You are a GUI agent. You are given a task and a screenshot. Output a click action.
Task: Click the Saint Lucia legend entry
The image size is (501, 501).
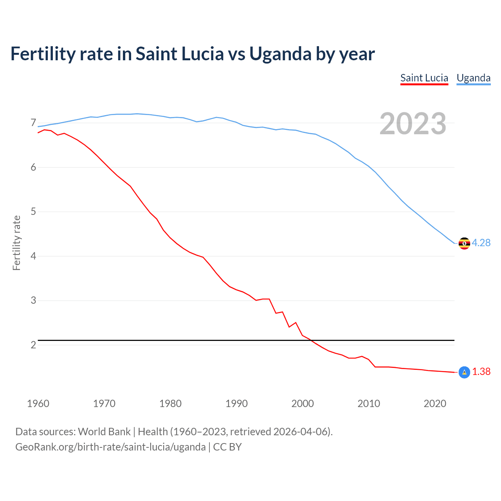424,78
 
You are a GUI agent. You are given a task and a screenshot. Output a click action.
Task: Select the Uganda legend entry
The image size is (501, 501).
473,78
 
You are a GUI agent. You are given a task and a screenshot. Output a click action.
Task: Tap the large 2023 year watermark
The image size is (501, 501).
413,124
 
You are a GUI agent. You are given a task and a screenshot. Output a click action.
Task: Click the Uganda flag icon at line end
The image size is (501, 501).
464,243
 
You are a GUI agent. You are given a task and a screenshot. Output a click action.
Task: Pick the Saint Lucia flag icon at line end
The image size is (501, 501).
464,372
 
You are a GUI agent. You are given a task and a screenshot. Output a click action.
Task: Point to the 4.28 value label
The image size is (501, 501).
481,243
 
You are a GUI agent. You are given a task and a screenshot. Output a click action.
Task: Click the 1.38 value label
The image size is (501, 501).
481,372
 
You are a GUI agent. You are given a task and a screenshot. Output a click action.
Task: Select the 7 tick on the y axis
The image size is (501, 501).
33,123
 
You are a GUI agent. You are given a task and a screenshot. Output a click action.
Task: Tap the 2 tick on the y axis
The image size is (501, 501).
33,345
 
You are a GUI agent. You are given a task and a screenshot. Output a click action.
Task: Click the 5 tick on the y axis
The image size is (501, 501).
33,212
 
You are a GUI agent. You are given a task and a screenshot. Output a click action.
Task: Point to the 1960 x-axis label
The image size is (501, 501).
38,404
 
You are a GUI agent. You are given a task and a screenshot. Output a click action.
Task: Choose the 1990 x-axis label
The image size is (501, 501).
236,404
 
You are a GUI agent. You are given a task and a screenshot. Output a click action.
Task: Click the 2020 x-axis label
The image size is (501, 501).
435,404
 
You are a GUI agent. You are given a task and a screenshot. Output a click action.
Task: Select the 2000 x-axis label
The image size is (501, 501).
303,404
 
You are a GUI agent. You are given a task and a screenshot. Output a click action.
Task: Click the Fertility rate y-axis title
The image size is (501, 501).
16,243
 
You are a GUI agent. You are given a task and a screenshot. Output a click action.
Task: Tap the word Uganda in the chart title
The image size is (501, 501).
280,54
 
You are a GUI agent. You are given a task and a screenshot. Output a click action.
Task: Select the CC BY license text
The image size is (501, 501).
227,447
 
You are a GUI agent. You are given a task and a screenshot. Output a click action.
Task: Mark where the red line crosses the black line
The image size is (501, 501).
312,341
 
